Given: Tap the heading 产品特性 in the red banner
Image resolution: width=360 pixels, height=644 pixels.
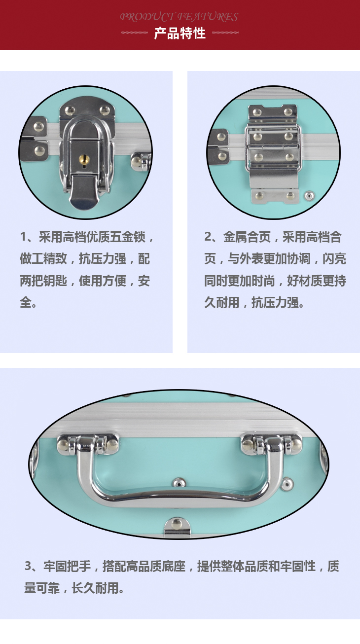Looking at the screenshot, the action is pos(180,34).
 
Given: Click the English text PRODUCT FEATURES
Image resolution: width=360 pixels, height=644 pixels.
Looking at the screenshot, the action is pos(179,17).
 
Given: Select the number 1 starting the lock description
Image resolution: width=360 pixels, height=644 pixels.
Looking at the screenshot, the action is pos(23,237).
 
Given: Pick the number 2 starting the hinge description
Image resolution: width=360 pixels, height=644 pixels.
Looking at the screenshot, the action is pos(208,237).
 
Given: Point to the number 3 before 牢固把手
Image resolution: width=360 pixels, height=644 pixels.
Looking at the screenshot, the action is pos(28,566).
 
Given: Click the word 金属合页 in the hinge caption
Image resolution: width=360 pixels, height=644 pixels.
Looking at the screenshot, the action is pos(247,237).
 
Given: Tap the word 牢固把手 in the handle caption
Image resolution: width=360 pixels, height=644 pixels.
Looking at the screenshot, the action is pos(67,566).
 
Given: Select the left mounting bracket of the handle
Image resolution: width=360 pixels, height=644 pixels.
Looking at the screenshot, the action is pos(88,445).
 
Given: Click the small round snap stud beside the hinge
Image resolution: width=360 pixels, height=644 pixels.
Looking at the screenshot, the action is pos(309,196).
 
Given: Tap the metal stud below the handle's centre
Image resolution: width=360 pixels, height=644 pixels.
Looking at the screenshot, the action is pos(179,482).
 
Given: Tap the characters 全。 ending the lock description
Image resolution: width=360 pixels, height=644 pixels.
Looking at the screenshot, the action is pos(28,302).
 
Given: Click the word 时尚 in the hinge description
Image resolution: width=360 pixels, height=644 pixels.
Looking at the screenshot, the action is pos(263,281).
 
